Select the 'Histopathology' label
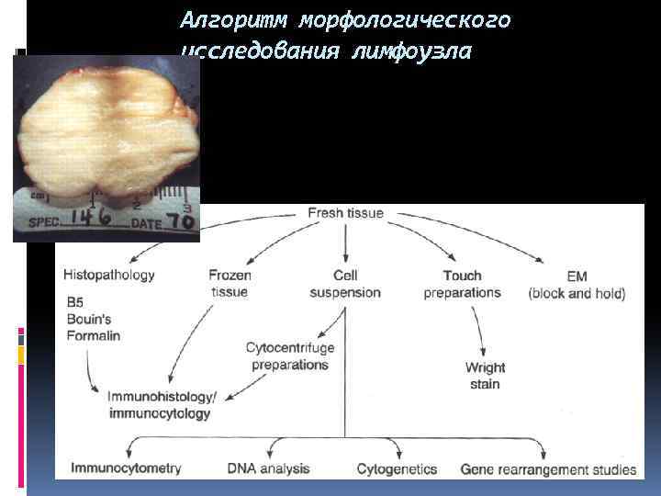(x=109, y=275)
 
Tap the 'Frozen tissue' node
(x=230, y=283)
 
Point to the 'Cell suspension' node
(x=345, y=283)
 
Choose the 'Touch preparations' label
(x=462, y=283)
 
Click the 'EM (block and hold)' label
(x=577, y=285)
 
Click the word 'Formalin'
(x=93, y=335)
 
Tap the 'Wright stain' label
(x=485, y=376)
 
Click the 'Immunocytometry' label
(x=127, y=468)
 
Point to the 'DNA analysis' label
(x=268, y=468)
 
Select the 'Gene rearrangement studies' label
(x=548, y=468)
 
